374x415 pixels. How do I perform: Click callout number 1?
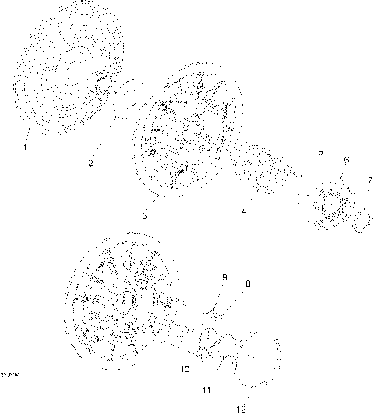click(25, 146)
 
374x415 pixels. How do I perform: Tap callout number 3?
click(145, 214)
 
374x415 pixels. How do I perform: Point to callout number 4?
click(245, 211)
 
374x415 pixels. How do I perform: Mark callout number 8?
click(248, 283)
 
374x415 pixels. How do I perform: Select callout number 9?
click(224, 276)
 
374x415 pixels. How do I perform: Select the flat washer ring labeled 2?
click(127, 100)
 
